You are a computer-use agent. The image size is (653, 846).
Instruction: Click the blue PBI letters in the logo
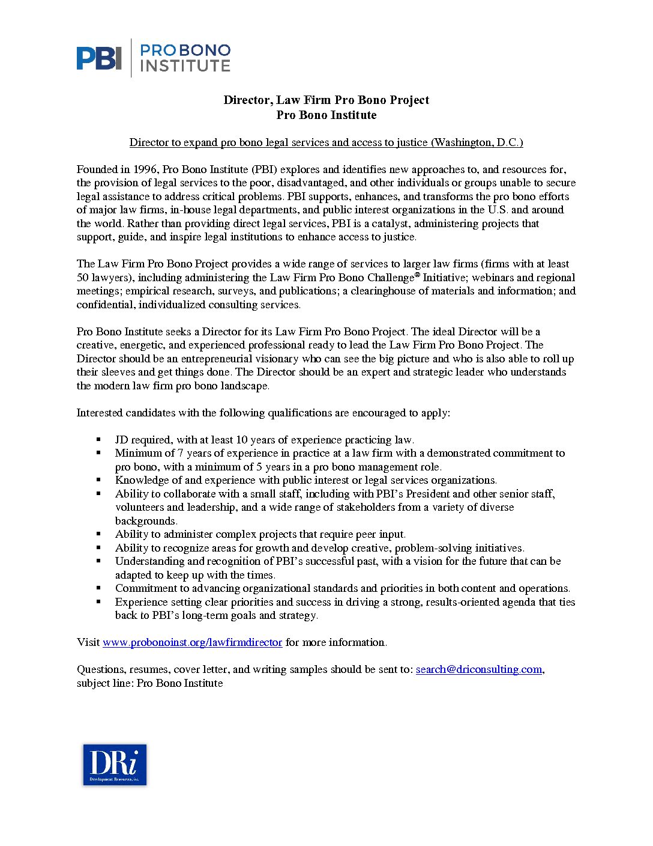tap(99, 58)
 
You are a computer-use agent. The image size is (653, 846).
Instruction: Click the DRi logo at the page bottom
tap(115, 764)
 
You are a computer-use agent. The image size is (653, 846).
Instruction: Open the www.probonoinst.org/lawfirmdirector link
tap(192, 642)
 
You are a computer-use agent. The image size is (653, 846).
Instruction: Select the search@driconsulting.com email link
tap(479, 669)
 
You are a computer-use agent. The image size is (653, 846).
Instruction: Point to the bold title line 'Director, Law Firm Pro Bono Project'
tap(326, 100)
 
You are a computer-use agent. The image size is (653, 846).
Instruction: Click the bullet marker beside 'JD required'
tap(99, 440)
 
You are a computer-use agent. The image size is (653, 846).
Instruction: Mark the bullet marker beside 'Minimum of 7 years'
tap(99, 453)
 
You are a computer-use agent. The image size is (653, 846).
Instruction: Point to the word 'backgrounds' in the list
tap(146, 521)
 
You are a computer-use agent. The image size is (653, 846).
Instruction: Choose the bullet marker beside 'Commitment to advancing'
tap(99, 588)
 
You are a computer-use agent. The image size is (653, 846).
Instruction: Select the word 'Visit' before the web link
tap(88, 642)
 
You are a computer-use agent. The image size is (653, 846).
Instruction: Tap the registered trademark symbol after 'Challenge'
tap(418, 275)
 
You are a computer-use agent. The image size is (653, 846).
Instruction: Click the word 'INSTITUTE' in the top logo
tap(185, 65)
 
